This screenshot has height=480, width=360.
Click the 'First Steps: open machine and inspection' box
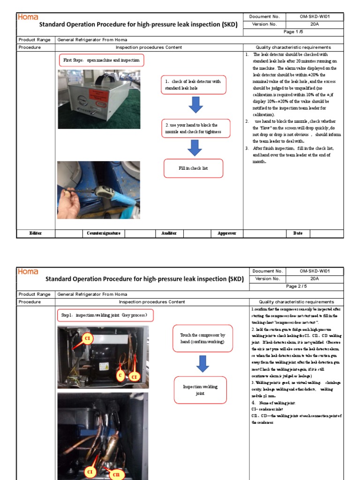click(101, 60)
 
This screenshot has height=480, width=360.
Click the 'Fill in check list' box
click(193, 168)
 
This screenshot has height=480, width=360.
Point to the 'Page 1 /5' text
click(293, 31)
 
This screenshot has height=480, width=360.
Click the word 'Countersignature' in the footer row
click(104, 233)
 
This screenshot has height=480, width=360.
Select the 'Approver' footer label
click(226, 233)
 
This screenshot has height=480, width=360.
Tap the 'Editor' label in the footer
click(36, 233)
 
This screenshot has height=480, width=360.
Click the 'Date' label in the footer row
click(298, 233)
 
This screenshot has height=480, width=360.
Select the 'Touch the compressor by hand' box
click(202, 338)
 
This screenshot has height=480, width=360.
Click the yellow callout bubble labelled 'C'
click(120, 375)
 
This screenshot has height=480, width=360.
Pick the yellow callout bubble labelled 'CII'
click(116, 474)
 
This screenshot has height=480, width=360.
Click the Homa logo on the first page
click(28, 17)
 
